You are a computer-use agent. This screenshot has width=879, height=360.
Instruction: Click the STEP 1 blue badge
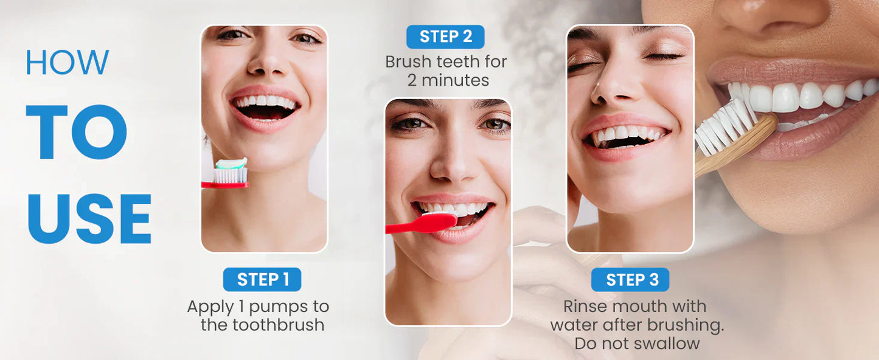[262, 280]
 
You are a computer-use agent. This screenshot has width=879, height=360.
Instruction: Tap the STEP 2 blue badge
[445, 36]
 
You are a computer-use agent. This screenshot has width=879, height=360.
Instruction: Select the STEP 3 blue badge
[630, 280]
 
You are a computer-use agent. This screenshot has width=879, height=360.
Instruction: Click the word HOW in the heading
[67, 62]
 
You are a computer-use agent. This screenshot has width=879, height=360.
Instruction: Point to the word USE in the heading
[89, 219]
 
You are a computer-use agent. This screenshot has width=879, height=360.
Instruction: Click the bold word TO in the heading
[77, 133]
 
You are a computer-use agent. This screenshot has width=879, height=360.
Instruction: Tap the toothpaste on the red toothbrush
[232, 164]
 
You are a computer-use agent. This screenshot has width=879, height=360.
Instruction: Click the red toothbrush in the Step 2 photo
[420, 224]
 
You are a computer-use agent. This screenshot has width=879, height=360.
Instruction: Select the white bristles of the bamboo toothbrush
[724, 127]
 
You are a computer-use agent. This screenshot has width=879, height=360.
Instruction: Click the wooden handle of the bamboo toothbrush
[739, 147]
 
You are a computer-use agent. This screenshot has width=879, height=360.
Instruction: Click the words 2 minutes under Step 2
[448, 80]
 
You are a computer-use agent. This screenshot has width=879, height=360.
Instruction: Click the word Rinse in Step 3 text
[585, 306]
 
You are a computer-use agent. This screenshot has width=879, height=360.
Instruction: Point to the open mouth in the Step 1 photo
[265, 108]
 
